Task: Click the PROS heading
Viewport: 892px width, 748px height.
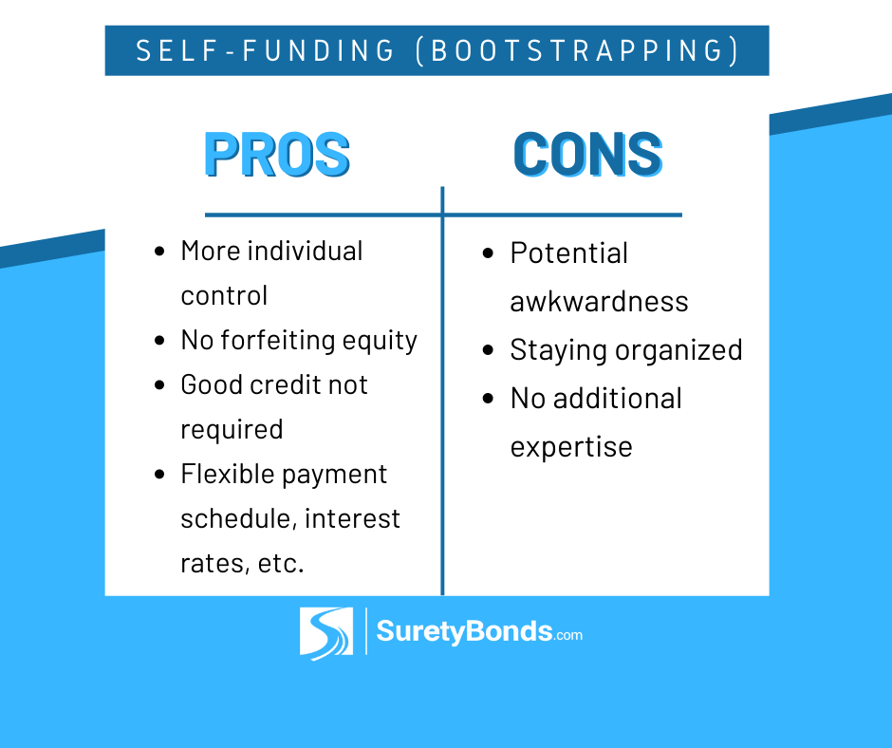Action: click(x=277, y=155)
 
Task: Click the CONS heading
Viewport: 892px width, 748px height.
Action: click(x=588, y=155)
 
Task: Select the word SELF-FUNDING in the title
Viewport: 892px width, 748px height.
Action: click(x=265, y=50)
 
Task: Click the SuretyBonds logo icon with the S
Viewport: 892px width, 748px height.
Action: click(x=326, y=633)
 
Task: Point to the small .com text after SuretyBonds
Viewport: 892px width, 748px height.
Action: click(x=567, y=635)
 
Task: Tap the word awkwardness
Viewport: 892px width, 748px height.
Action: click(x=599, y=301)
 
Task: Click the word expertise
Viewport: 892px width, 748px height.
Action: click(x=571, y=447)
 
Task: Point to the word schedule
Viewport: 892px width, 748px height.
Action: click(x=238, y=518)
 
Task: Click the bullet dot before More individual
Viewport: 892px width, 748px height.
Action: click(x=159, y=251)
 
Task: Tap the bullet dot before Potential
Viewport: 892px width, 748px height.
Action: click(x=488, y=252)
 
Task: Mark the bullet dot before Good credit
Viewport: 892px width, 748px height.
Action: click(x=159, y=384)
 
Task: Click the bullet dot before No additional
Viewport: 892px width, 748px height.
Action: click(x=488, y=398)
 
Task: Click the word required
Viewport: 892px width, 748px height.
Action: click(x=232, y=430)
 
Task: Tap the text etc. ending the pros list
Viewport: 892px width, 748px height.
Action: click(x=281, y=564)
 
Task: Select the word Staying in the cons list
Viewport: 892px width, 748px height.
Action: click(x=558, y=350)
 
